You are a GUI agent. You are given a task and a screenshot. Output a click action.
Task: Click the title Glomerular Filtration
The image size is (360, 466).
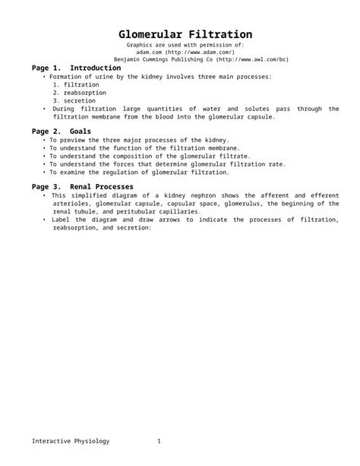[x=185, y=35]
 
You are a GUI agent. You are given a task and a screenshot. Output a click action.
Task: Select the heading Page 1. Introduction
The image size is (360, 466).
[x=76, y=68]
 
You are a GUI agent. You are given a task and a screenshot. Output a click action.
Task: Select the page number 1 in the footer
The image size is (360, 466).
[x=159, y=442]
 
